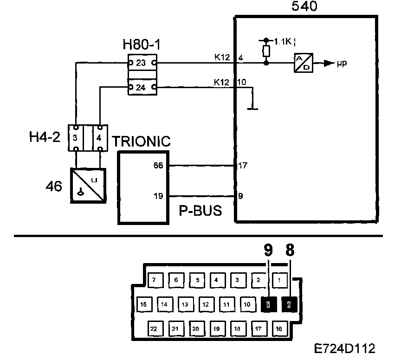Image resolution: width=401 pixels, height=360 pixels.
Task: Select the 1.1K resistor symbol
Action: point(265,51)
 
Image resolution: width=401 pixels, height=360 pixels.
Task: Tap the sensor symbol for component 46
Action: point(87,185)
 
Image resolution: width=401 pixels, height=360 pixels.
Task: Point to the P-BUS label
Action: point(200,211)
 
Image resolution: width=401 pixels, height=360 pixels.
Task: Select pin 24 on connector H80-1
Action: point(142,87)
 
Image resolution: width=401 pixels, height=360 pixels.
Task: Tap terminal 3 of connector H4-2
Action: point(75,138)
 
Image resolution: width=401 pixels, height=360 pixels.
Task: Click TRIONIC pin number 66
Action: point(158,165)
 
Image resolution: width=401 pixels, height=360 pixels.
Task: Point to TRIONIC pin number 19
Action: point(158,195)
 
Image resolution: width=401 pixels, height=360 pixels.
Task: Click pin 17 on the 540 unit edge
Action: point(242,165)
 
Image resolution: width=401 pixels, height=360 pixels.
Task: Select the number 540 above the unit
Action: point(305,7)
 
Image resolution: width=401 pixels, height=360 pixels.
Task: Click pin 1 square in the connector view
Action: point(279,280)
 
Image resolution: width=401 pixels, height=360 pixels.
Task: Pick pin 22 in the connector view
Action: point(154,328)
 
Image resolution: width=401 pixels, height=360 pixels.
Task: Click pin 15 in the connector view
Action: point(143,304)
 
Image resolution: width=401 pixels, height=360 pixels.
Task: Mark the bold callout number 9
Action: point(267,251)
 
